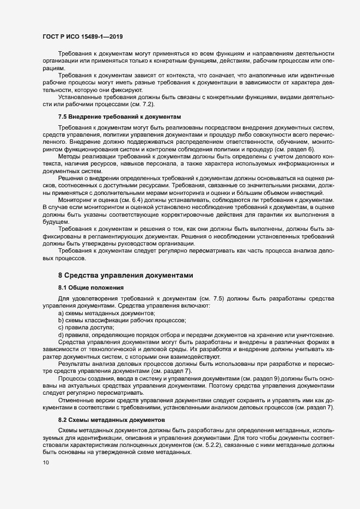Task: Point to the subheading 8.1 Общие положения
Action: [x=91, y=287]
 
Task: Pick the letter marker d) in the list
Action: [x=62, y=335]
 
